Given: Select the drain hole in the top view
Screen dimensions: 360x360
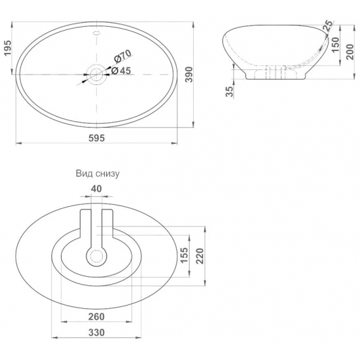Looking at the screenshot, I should (x=96, y=75).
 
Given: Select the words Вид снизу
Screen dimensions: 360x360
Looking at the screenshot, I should (x=97, y=174).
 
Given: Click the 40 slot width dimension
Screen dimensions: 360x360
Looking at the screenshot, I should (x=97, y=189).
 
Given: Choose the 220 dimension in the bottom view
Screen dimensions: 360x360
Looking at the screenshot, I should (x=201, y=257).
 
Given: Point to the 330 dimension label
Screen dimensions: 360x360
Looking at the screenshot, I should (x=97, y=332).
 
